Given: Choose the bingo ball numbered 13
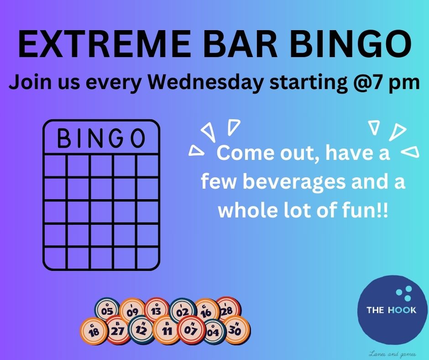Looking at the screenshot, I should [156, 311].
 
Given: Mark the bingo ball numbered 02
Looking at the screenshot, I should [182, 312].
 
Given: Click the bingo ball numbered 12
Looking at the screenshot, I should [141, 330].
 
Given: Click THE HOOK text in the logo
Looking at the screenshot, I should [391, 310].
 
